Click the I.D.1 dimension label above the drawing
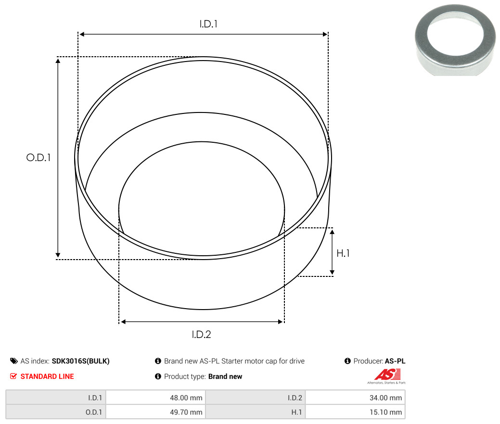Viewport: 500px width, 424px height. click(x=208, y=24)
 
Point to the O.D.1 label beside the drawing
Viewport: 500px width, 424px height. click(x=38, y=157)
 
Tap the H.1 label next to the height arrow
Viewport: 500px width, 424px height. click(x=343, y=253)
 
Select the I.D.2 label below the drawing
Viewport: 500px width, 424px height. click(x=201, y=335)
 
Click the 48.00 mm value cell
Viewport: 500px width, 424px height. click(x=155, y=398)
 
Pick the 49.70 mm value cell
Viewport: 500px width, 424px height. click(x=155, y=412)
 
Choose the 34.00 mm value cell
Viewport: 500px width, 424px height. click(x=355, y=398)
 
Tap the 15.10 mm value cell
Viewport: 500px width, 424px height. click(x=355, y=412)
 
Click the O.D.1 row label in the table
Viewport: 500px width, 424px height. click(x=94, y=412)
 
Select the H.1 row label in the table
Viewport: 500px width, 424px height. click(x=296, y=412)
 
